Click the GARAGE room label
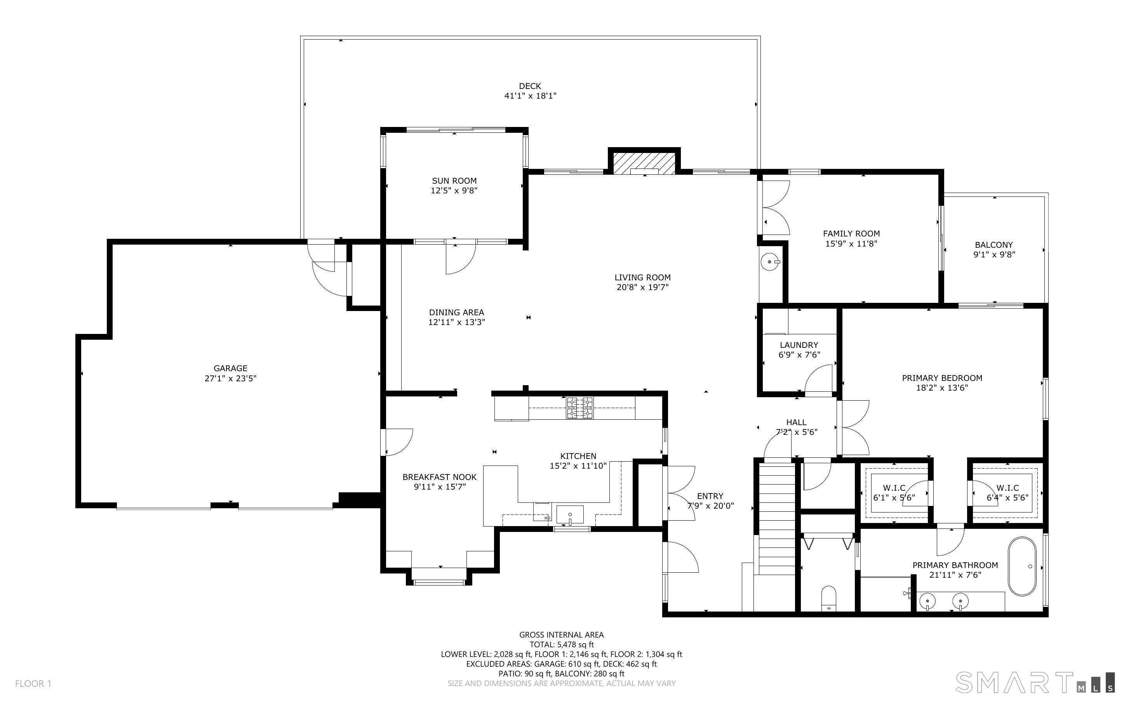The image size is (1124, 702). click(x=230, y=368)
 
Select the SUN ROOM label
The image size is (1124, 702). click(x=454, y=181)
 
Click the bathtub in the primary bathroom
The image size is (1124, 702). click(x=1022, y=566)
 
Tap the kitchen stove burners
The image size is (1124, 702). click(x=579, y=408)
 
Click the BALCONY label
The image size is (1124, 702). click(x=994, y=245)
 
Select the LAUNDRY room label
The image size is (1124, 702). click(x=799, y=345)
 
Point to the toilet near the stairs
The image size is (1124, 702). click(x=828, y=598)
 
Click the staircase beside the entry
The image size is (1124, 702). click(x=777, y=520)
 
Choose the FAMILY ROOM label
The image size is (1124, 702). click(x=851, y=233)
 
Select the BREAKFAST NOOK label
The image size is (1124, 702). click(x=439, y=477)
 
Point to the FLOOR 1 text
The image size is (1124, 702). click(x=33, y=683)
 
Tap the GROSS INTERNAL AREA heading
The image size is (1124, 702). click(x=561, y=635)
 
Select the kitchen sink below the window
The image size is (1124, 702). click(x=570, y=514)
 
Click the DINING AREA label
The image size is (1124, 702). click(x=456, y=313)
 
